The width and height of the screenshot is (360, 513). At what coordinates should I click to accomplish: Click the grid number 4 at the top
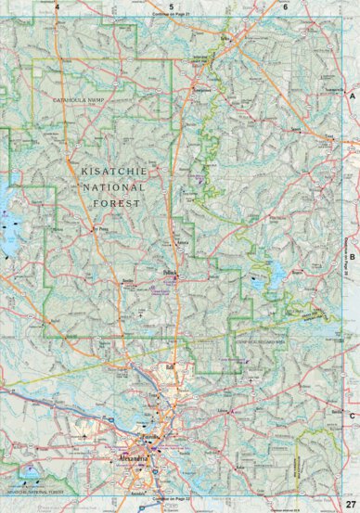58,6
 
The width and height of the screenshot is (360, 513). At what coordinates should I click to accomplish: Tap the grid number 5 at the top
172,6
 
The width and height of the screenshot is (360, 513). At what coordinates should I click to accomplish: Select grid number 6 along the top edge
286,6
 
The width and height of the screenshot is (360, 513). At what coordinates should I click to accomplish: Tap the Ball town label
170,366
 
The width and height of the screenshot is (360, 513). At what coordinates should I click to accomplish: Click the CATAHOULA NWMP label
82,97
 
